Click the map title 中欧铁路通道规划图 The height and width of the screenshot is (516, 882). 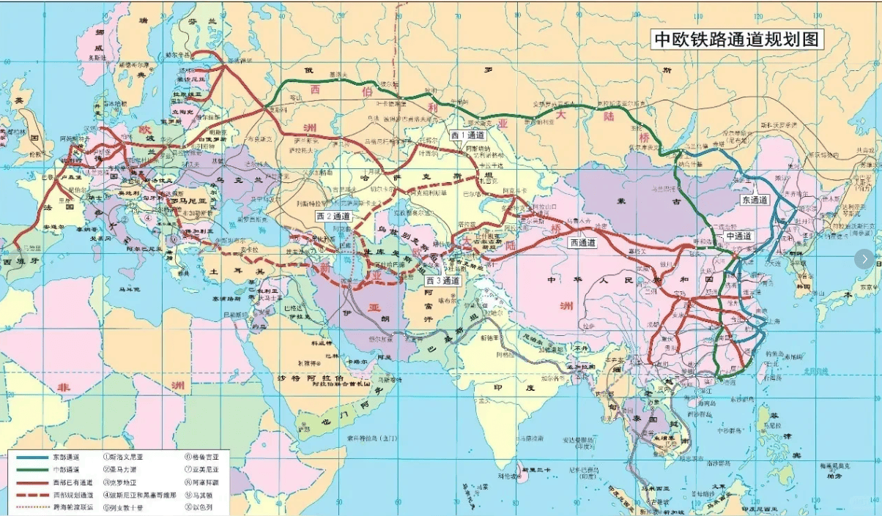click(736, 40)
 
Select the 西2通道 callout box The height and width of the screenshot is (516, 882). click(334, 217)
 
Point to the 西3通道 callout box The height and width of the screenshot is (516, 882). click(443, 280)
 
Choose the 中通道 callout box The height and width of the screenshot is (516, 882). click(738, 236)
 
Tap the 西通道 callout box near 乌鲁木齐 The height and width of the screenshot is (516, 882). click(582, 243)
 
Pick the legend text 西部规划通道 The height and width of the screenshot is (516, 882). click(74, 493)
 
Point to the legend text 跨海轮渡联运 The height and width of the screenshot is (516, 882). click(74, 505)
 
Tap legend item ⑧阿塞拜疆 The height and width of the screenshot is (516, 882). click(207, 482)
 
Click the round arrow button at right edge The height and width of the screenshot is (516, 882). click(864, 258)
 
